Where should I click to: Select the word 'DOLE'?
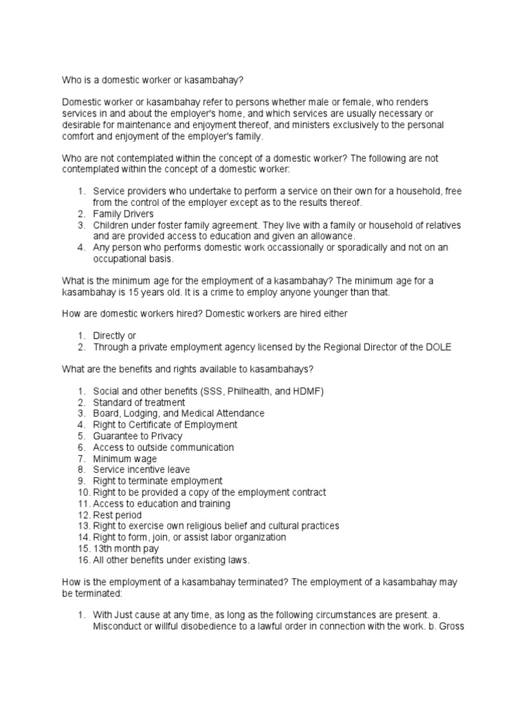[439, 346]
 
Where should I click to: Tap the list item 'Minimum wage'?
[125, 459]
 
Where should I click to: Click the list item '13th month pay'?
[126, 549]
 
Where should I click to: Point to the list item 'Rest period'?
[118, 515]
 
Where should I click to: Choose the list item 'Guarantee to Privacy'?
[138, 436]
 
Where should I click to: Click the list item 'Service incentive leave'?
[142, 470]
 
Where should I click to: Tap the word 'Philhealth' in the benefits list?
[250, 391]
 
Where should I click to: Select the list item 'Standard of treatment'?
[140, 402]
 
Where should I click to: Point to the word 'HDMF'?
[307, 391]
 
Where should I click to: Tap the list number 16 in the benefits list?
[82, 560]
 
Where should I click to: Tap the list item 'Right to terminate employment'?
[157, 481]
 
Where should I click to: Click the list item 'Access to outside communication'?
[164, 448]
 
